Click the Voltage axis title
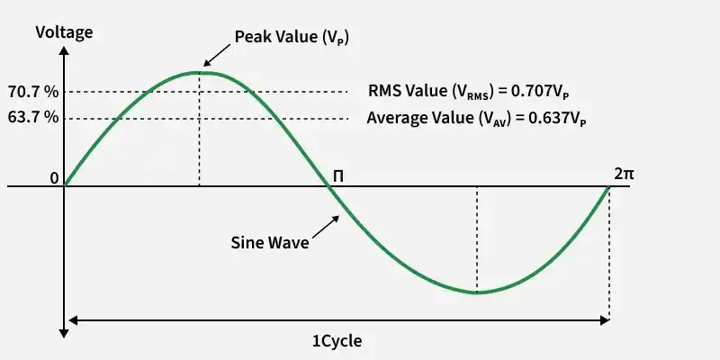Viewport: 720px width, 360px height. tap(64, 33)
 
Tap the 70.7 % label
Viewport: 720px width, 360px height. tap(32, 92)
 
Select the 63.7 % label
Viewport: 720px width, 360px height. tap(32, 118)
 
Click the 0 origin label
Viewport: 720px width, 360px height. tap(54, 178)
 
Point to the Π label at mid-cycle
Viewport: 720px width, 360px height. tap(338, 175)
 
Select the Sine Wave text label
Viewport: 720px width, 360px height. tap(271, 243)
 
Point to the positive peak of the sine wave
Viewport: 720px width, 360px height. tap(199, 72)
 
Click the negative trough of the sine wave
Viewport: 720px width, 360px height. tap(476, 292)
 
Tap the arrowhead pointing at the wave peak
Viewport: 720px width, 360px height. tap(206, 65)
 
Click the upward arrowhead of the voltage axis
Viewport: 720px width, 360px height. tap(65, 50)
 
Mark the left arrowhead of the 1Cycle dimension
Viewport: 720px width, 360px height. tap(72, 319)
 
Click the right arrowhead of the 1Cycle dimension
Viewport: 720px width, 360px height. tap(604, 319)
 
